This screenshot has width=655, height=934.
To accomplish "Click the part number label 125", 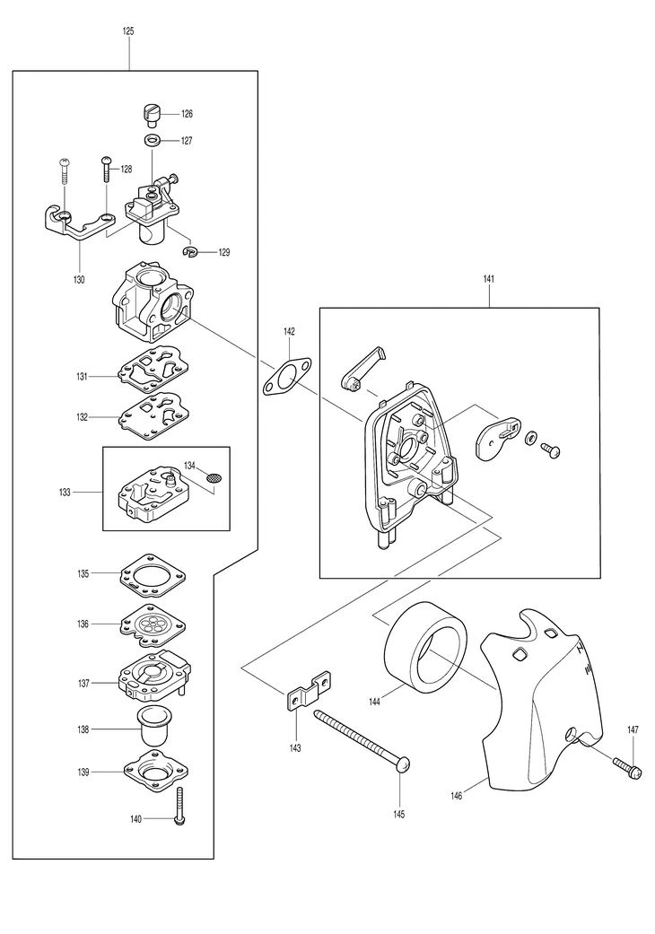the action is pyautogui.click(x=128, y=31).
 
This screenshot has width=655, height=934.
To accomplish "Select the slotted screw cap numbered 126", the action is pyautogui.click(x=153, y=115).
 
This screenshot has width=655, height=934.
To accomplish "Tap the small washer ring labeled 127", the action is pyautogui.click(x=153, y=141).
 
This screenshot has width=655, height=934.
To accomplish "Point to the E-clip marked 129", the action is pyautogui.click(x=191, y=252).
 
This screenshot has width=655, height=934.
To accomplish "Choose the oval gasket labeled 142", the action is pyautogui.click(x=288, y=377).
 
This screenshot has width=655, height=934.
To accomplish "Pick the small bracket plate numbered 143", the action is pyautogui.click(x=310, y=692).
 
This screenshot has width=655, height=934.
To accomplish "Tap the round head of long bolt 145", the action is pyautogui.click(x=403, y=764).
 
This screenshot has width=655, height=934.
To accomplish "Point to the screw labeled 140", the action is pyautogui.click(x=180, y=806).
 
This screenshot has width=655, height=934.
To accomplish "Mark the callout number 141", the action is pyautogui.click(x=489, y=279).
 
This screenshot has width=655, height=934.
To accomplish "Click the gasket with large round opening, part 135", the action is pyautogui.click(x=153, y=576).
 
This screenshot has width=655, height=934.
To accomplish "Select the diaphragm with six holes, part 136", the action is pyautogui.click(x=153, y=625).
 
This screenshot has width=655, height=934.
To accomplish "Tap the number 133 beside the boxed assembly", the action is pyautogui.click(x=65, y=492).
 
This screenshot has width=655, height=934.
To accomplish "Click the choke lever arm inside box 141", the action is pyautogui.click(x=363, y=368).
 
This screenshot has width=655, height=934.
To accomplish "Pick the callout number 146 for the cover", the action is pyautogui.click(x=457, y=796).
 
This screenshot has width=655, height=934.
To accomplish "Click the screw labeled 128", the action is pyautogui.click(x=106, y=169).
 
